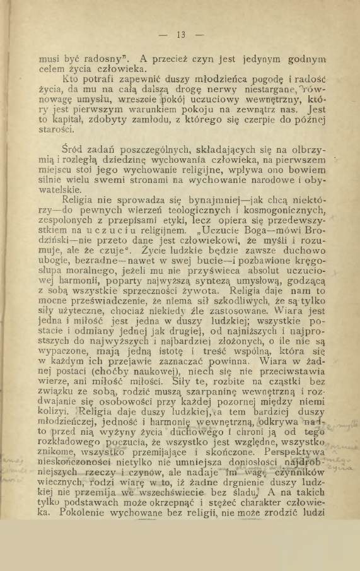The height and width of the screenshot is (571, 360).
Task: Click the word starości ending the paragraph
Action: coord(55,132)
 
